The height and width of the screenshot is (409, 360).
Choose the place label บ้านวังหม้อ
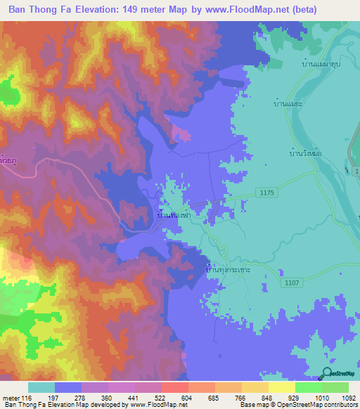pos(306,151)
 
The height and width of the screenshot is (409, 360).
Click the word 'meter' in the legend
pos(10,398)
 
